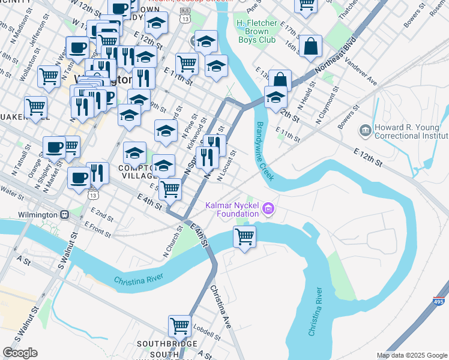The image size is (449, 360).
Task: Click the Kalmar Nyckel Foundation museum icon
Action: click(268, 209)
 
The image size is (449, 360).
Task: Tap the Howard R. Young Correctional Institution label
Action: click(409, 133)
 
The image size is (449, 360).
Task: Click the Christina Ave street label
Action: click(220, 306)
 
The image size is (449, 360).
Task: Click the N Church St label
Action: click(172, 244)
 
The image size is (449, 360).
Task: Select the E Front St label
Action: click(99, 227)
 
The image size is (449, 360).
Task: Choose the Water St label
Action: click(12, 190)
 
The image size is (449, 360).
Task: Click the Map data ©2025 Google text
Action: click(411, 355)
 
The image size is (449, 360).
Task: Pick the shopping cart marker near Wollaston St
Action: click(48, 76)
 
